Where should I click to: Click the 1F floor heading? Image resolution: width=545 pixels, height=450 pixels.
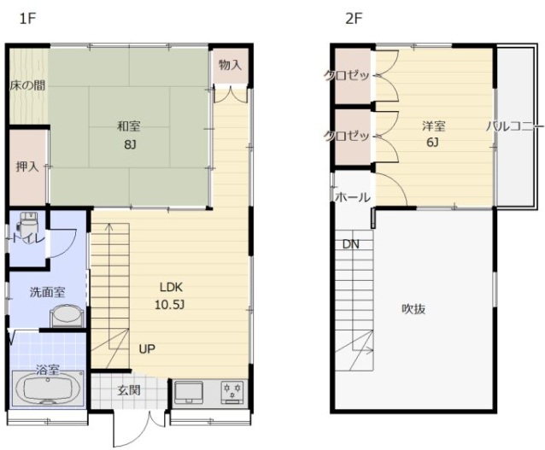27,19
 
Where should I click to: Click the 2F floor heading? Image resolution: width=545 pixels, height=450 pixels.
354,19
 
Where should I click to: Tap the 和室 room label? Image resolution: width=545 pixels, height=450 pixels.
129,126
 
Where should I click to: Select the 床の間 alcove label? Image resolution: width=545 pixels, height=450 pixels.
27,85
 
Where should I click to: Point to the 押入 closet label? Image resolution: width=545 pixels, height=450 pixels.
27,167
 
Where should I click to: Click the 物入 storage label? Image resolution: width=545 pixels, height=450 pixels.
230,65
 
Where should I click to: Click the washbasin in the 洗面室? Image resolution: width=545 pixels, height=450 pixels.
67,316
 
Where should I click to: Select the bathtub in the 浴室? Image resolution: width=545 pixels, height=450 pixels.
48,389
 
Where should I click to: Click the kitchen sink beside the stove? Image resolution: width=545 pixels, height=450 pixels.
189,392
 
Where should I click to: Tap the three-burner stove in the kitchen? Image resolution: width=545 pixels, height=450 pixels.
233,392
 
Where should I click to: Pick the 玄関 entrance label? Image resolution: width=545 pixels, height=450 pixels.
129,390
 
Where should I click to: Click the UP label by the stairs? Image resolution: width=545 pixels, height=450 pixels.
147,349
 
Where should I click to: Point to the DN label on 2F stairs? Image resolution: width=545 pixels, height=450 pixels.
351,244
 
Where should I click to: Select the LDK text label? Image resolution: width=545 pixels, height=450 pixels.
171,288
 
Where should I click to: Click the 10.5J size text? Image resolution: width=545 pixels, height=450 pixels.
170,305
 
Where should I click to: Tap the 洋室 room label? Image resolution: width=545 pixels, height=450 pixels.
434,126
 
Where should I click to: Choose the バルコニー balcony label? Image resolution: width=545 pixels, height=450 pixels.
515,126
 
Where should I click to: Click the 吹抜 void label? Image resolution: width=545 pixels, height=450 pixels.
413,309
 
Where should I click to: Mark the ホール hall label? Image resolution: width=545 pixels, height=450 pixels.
353,197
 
